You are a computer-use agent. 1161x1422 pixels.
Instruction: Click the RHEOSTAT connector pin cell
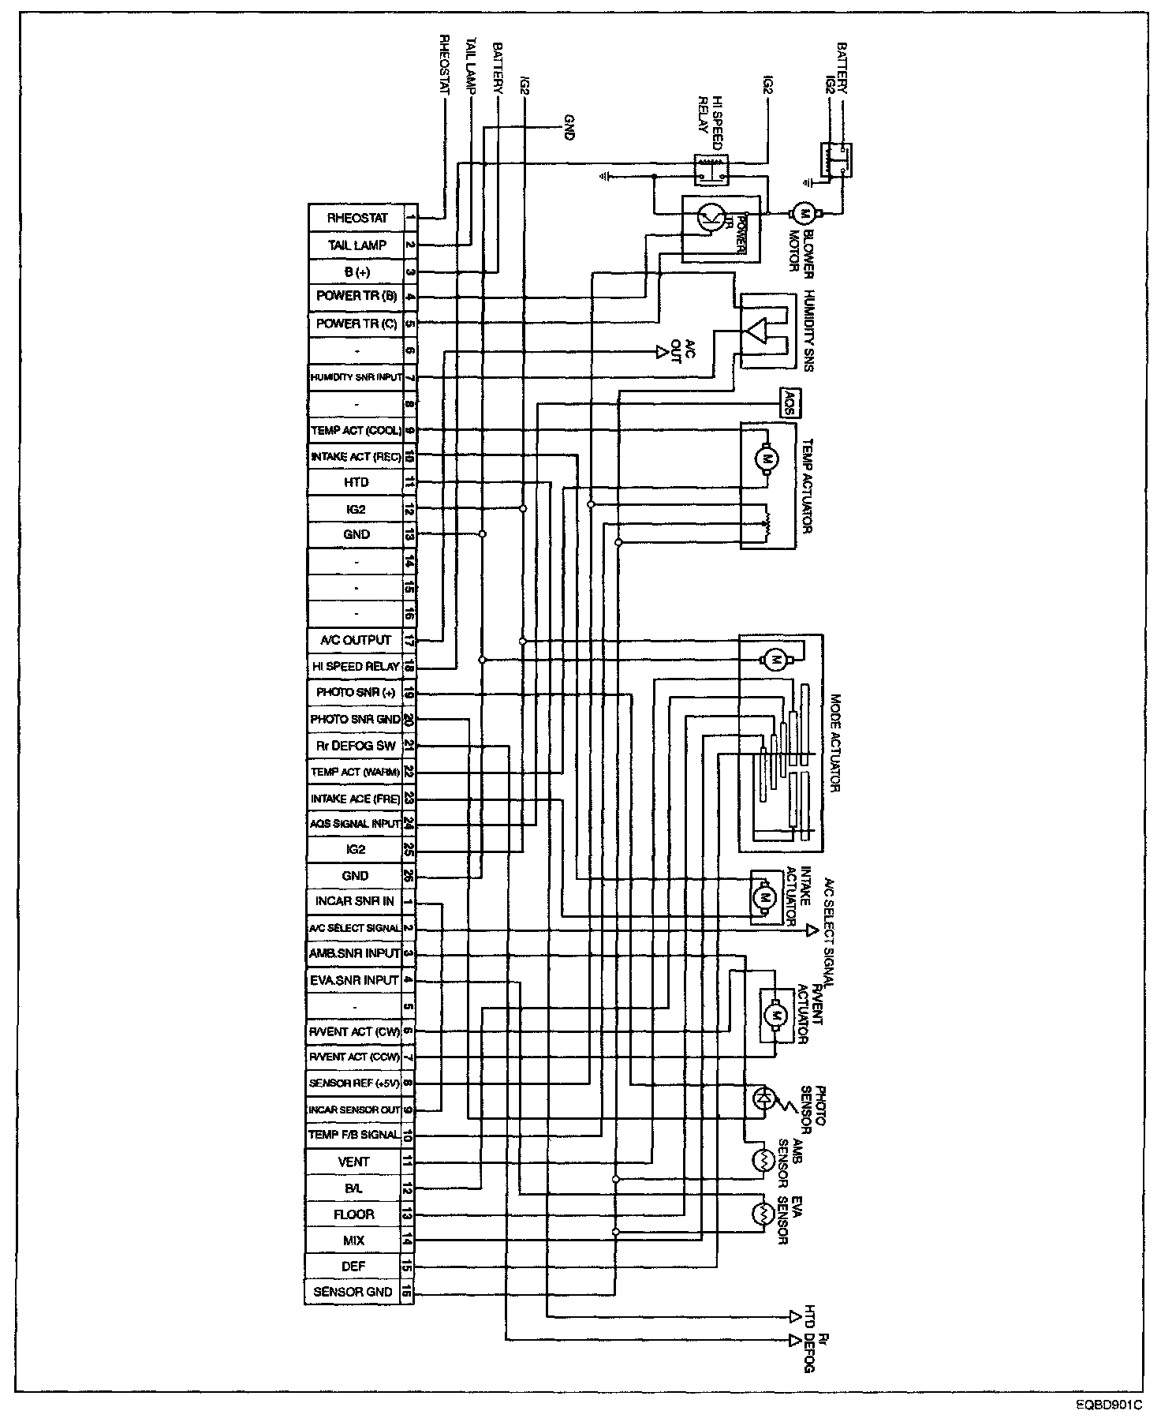357,218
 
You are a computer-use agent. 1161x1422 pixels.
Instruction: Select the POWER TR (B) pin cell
357,297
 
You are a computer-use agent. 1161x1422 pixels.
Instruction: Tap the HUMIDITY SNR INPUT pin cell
357,377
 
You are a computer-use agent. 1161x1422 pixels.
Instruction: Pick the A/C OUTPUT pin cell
357,640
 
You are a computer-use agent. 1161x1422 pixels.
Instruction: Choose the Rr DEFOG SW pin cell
357,746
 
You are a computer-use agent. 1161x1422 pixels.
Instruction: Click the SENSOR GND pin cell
353,1292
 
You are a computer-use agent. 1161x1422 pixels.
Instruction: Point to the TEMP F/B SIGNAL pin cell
354,1135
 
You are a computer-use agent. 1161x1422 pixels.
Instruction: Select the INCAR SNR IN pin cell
355,901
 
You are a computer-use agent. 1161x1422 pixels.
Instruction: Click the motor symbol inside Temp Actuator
767,457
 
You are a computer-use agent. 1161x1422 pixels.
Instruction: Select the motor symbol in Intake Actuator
763,896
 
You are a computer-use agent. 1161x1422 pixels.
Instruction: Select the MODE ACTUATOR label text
836,744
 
